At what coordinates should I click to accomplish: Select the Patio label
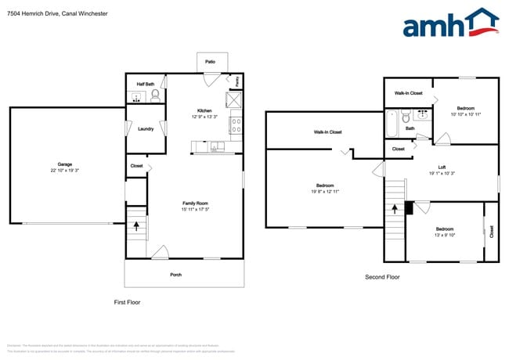210,61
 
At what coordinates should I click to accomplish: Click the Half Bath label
146,84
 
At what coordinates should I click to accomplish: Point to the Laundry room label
145,128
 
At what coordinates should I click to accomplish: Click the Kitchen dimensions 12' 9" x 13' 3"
205,117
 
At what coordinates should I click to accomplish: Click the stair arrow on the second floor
394,212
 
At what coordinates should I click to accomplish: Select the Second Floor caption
383,277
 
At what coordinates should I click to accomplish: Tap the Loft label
442,167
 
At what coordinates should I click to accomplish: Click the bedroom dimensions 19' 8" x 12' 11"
324,192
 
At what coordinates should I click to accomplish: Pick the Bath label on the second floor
410,128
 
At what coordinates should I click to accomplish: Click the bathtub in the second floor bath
392,123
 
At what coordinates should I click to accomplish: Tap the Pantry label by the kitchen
237,80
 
